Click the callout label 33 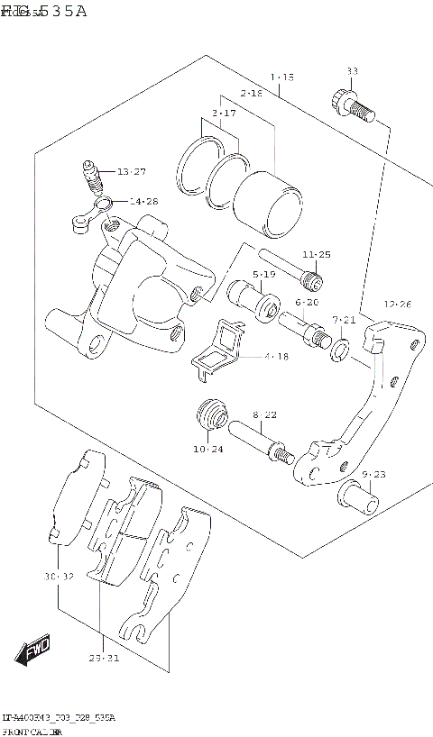click(353, 71)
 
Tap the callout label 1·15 click(281, 78)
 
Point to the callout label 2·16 click(251, 94)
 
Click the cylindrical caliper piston click(266, 201)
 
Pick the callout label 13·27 click(131, 172)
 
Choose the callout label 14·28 click(143, 202)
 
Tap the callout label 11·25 click(317, 255)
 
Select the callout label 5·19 click(264, 274)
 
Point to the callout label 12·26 click(397, 305)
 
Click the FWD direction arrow click(33, 650)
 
